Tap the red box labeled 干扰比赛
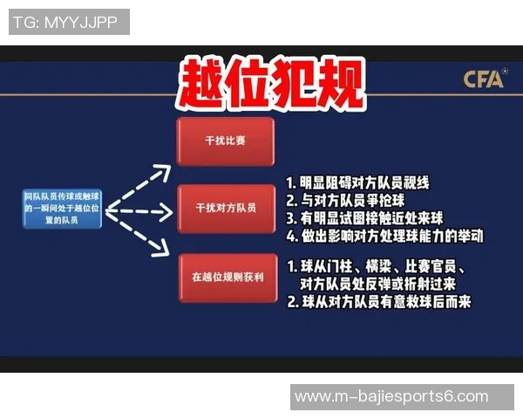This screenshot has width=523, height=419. pyautogui.click(x=225, y=140)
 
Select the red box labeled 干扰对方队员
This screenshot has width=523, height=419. pyautogui.click(x=225, y=209)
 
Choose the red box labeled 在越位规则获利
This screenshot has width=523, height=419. pyautogui.click(x=228, y=278)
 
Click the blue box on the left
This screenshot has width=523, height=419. pyautogui.click(x=62, y=209)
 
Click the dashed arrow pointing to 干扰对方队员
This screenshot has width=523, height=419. pyautogui.click(x=139, y=210)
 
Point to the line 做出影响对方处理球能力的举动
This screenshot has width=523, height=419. pyautogui.click(x=384, y=236)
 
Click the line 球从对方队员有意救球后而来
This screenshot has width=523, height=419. pyautogui.click(x=378, y=302)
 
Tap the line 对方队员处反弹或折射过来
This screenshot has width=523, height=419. pyautogui.click(x=377, y=285)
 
